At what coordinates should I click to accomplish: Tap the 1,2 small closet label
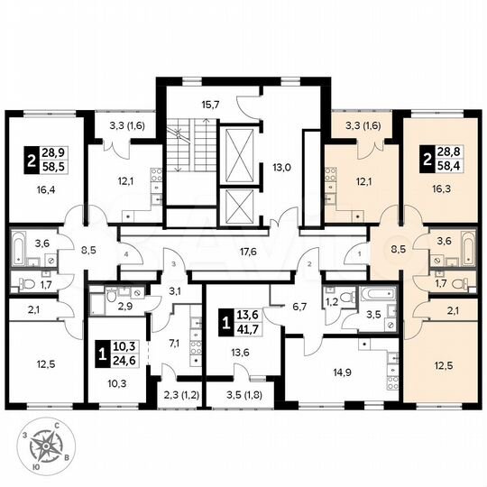(x=331, y=301)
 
